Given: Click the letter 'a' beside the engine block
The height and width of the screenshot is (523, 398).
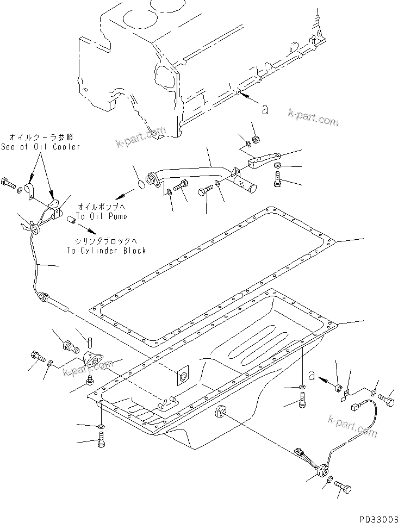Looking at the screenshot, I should [264, 110].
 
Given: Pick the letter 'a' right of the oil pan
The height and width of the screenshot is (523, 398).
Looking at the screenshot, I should [312, 374].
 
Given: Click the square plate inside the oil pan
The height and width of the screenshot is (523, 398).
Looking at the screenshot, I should [183, 376].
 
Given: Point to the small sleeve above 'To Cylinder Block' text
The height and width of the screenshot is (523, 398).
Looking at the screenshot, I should [70, 221].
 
